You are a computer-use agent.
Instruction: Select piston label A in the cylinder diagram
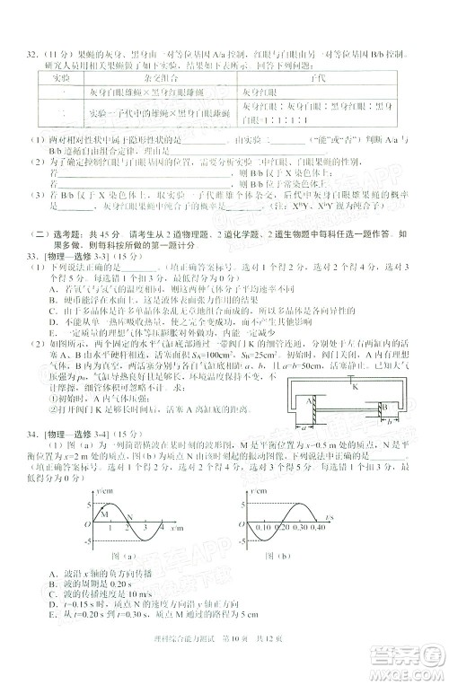point(308,401)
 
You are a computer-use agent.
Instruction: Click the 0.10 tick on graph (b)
point(268,529)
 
